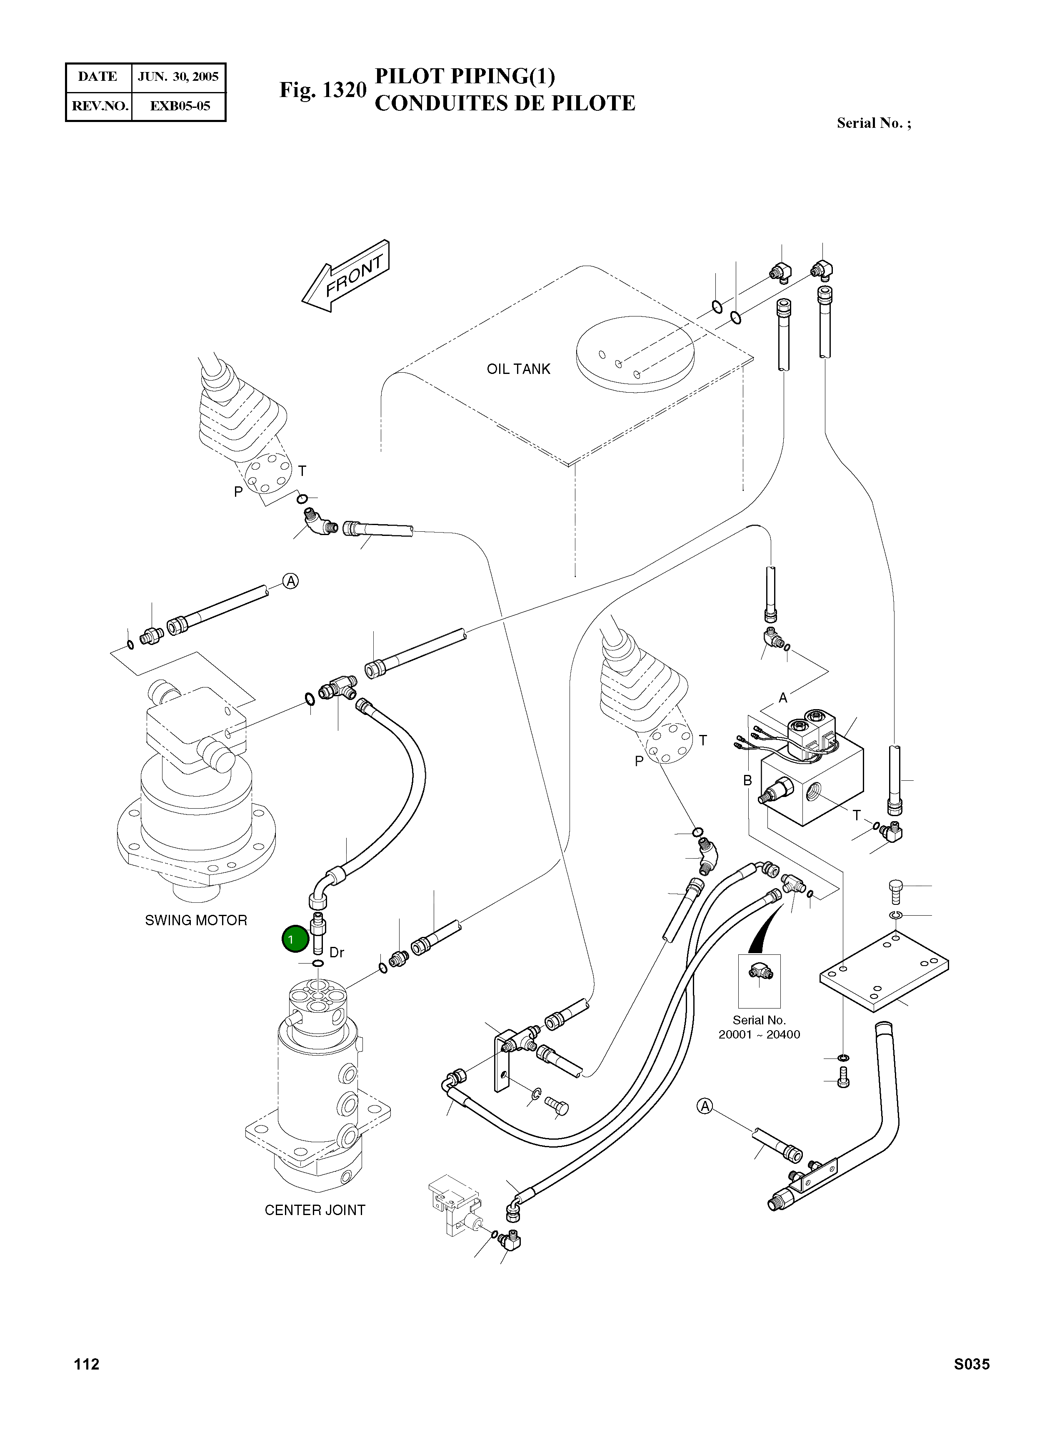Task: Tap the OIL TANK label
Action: coord(518,369)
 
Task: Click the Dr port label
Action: coord(337,952)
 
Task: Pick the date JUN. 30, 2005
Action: coord(178,77)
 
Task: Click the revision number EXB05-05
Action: coord(180,106)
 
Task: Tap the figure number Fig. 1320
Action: coord(323,90)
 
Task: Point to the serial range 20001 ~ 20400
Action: coord(759,1034)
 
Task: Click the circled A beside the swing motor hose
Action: coord(290,581)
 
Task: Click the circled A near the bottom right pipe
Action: coord(704,1106)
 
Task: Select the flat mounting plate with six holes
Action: coord(884,969)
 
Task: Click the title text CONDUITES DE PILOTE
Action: coord(505,103)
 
